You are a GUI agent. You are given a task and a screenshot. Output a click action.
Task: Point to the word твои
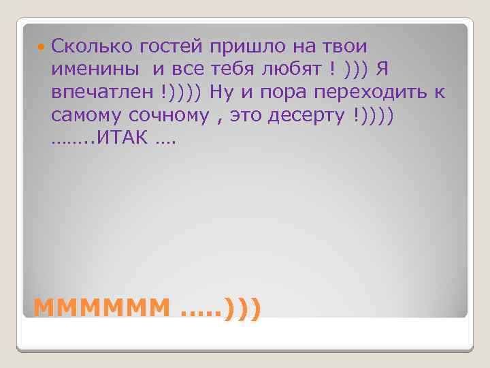tap(341, 47)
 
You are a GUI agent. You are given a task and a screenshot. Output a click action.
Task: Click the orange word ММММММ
tap(101, 308)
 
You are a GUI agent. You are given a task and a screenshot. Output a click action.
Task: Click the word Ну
tap(221, 91)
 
